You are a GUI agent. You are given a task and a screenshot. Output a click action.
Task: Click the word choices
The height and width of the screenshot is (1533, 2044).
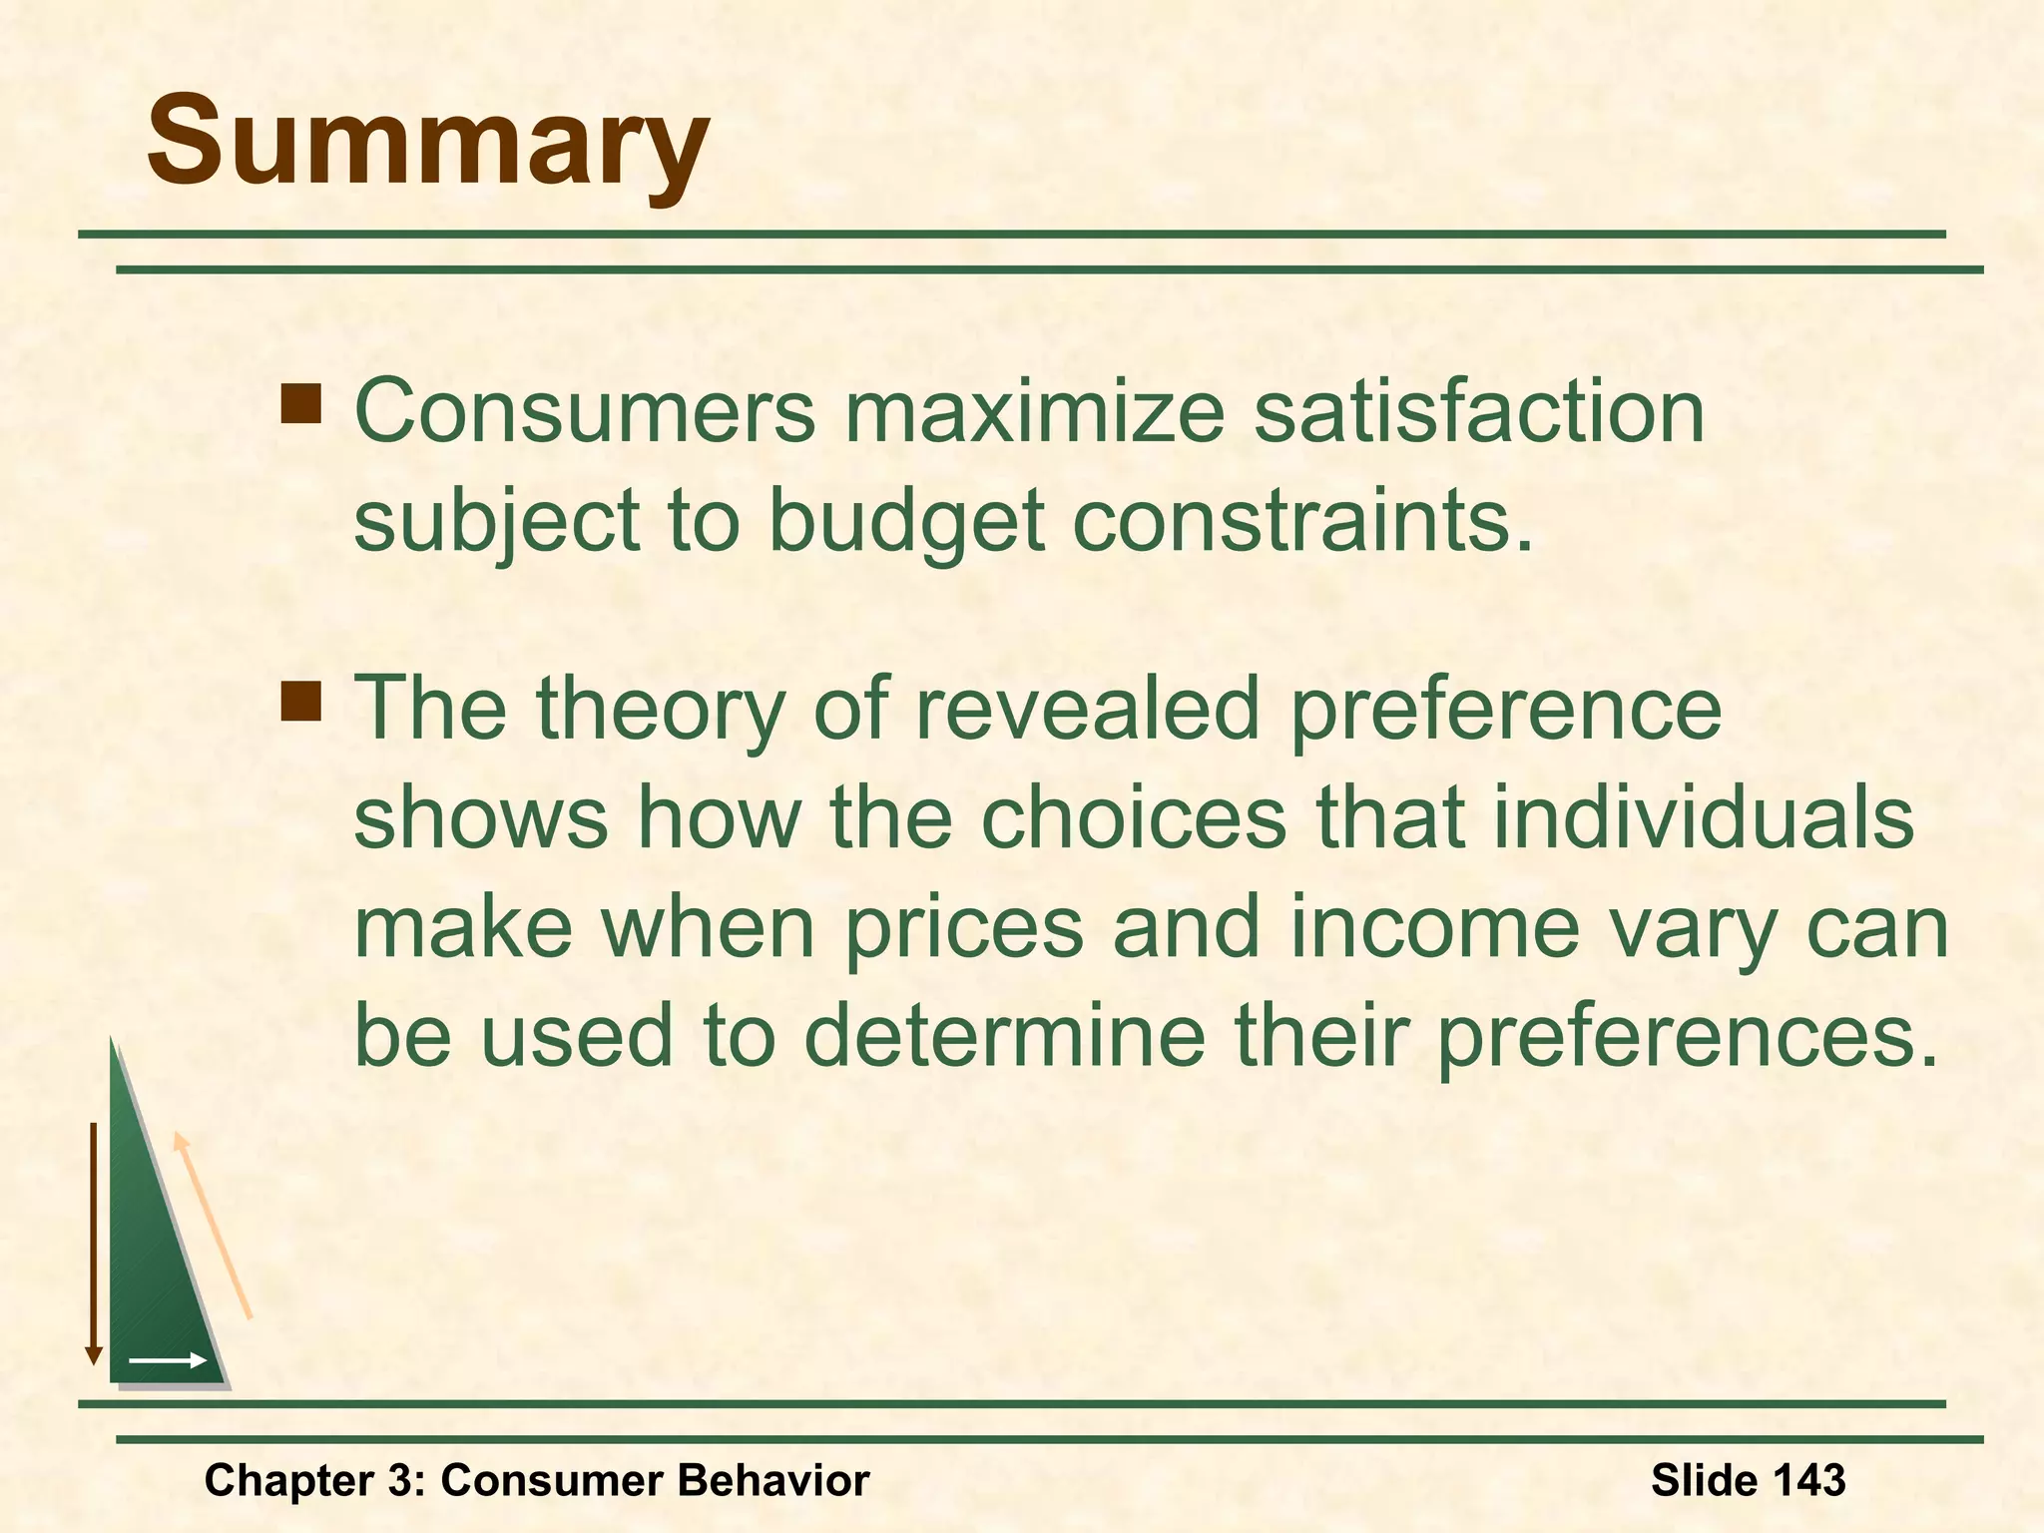[1133, 816]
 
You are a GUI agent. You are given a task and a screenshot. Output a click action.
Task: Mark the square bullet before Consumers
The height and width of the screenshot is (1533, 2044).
[300, 404]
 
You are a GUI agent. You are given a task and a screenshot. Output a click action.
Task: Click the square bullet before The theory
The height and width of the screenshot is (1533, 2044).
[300, 700]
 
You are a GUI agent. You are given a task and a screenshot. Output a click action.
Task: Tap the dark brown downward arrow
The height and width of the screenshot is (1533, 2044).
[94, 1243]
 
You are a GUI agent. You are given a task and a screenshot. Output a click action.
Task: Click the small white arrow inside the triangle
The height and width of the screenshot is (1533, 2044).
[168, 1359]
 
